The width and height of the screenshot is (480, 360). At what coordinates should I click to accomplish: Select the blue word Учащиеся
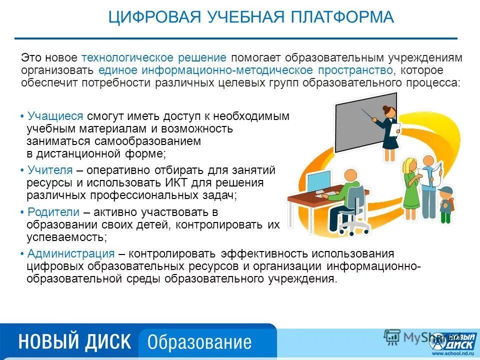55,116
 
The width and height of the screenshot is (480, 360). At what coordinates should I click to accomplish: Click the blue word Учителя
50,170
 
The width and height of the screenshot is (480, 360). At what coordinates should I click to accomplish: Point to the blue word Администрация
71,253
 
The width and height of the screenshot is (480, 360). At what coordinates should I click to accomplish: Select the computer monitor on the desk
318,183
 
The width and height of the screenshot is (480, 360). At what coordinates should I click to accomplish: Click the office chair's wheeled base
353,227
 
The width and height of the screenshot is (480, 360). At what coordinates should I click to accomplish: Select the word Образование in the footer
199,342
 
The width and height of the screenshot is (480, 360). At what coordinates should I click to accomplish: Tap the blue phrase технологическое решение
154,58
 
